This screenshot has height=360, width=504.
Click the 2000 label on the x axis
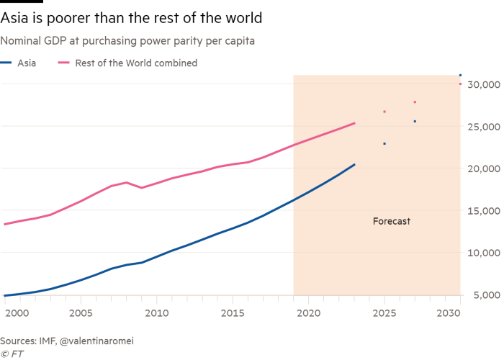coord(17,314)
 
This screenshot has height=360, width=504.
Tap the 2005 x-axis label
coord(80,314)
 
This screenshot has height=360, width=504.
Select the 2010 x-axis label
coord(156,314)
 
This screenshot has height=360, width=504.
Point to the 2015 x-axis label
coord(232,314)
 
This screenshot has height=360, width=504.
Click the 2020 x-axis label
coord(308,314)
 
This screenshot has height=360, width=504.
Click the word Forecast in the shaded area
coord(391,221)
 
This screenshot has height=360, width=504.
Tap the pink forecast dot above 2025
coord(384,112)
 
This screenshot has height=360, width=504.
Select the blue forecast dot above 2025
coord(384,143)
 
